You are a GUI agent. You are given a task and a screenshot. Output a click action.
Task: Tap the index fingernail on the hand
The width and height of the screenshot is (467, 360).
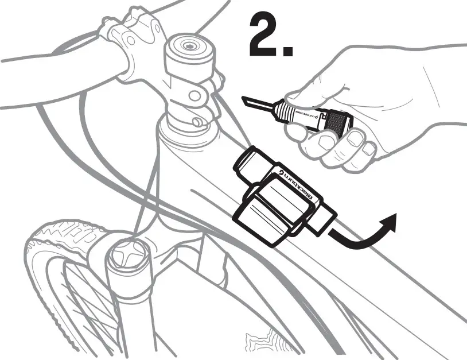[355, 137]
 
